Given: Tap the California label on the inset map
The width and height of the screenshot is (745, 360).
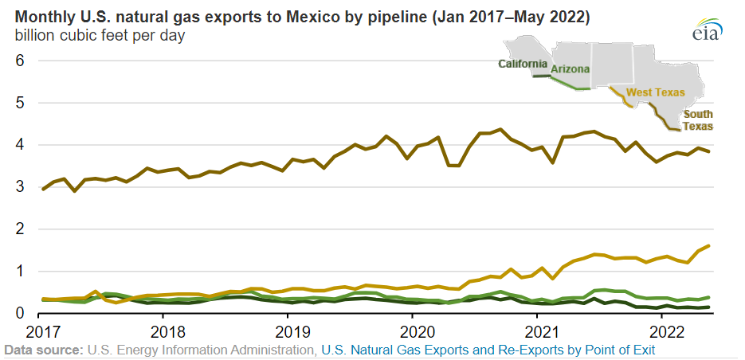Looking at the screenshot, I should [x=522, y=64].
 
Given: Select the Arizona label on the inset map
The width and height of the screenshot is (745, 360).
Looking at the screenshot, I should [x=570, y=69].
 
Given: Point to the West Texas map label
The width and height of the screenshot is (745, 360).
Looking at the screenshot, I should [x=655, y=92].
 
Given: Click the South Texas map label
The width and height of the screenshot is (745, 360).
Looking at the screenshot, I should [x=697, y=120].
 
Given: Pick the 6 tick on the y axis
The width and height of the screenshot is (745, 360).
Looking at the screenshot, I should [x=21, y=61].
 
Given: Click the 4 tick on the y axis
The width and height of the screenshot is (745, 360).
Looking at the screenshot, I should [x=21, y=145].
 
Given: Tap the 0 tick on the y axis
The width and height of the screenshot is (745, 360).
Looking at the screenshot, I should [x=21, y=313].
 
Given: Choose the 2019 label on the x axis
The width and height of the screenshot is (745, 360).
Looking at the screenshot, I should [x=292, y=330].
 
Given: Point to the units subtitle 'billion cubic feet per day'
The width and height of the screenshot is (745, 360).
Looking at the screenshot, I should [x=100, y=36].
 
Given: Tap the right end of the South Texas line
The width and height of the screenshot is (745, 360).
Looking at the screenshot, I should [x=709, y=152].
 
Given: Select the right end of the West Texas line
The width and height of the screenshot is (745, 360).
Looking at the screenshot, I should [x=709, y=246].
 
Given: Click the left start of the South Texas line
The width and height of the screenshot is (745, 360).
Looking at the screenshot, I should [x=42, y=190].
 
